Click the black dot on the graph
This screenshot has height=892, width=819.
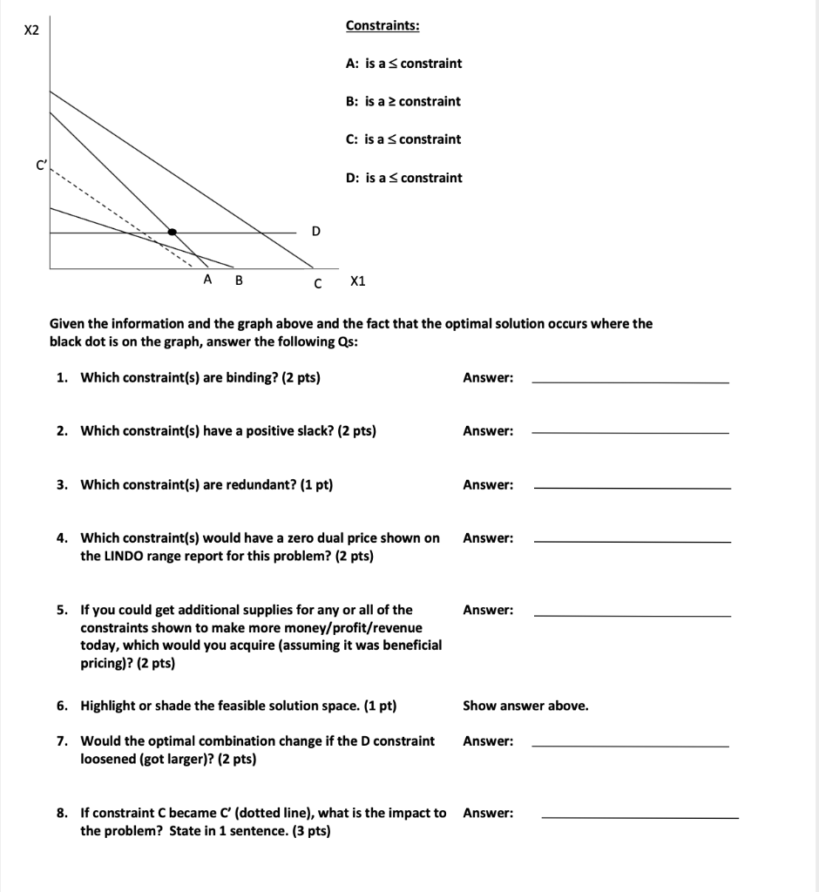tap(173, 232)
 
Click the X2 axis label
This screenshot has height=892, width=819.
tap(31, 30)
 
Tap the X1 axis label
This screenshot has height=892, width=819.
tap(357, 281)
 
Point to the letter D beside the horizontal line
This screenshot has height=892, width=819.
tap(315, 231)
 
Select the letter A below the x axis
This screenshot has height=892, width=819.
tap(207, 280)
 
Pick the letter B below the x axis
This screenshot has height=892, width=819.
tap(239, 280)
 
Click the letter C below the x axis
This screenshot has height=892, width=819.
tap(318, 282)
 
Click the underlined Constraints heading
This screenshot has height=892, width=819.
tap(382, 25)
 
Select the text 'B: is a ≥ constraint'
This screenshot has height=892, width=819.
tap(403, 101)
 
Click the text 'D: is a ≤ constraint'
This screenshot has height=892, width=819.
tap(404, 178)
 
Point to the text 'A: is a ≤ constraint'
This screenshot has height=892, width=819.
tap(403, 64)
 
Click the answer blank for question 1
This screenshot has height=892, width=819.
tap(630, 381)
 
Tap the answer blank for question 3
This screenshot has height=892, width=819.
tap(632, 487)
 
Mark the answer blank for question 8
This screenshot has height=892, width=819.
tap(640, 816)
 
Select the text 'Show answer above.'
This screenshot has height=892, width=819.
tap(525, 706)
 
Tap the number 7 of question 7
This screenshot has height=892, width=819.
tap(61, 741)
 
